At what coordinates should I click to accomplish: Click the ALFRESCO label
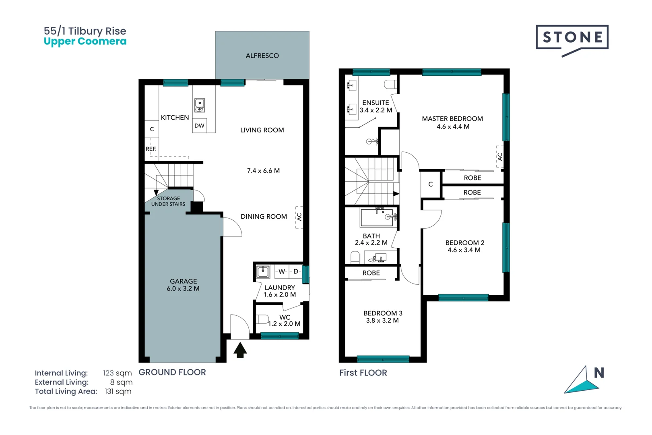[262, 56]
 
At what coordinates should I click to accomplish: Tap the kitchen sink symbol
[200, 106]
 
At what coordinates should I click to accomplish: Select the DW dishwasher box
[200, 126]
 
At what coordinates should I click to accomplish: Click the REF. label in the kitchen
[151, 149]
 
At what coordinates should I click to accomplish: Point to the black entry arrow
[240, 350]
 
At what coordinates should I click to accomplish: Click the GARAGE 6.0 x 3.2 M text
[183, 285]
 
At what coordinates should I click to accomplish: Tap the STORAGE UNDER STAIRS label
[168, 201]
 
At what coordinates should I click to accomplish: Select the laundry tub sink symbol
[263, 271]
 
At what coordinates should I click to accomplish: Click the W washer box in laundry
[282, 271]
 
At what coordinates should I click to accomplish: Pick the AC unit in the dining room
[299, 217]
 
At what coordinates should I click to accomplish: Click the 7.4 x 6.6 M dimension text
[263, 171]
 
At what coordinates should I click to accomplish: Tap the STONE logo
[572, 38]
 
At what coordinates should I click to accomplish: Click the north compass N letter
[599, 373]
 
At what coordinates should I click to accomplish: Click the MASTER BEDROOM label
[452, 119]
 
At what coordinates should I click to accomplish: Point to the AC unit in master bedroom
[500, 156]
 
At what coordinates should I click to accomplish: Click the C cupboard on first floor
[430, 184]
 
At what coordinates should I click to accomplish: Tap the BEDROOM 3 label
[383, 313]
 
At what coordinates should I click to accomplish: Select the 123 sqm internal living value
[117, 373]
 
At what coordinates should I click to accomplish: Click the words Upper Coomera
[85, 41]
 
